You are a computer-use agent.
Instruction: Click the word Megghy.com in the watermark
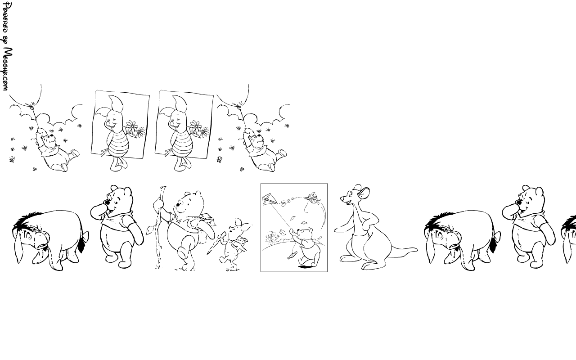tap(8, 69)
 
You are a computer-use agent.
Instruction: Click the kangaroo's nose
tap(342, 199)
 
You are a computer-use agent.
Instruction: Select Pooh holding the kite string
tap(306, 247)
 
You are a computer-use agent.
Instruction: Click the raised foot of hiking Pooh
tap(183, 252)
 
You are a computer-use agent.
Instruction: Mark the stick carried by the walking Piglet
tap(216, 243)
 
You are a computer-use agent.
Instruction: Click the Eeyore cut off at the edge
tap(569, 238)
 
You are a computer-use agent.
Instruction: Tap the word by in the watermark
tap(6, 40)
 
